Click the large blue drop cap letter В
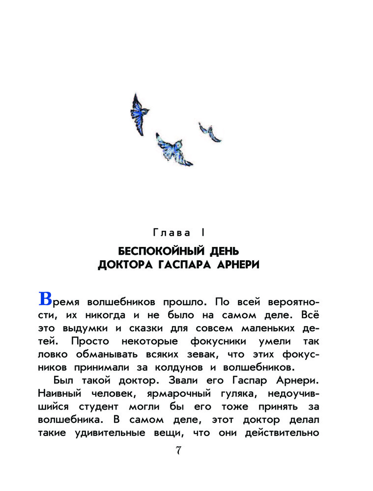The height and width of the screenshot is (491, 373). [45, 299]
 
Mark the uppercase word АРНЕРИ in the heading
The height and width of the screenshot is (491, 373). [236, 265]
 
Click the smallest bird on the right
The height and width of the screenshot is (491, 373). [210, 132]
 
